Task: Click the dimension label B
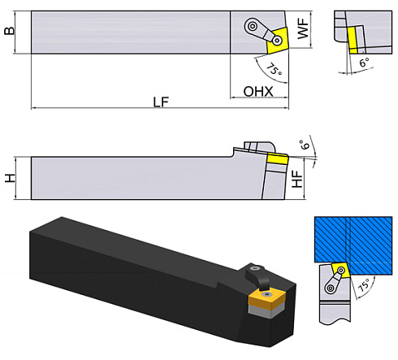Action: coord(10,32)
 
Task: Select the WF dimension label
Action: coord(302,32)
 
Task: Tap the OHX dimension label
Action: coord(257,92)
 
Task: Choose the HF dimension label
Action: coord(298,180)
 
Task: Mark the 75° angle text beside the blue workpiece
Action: coord(366,287)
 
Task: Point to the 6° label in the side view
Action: coord(305,146)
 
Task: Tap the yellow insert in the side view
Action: coord(278,159)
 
